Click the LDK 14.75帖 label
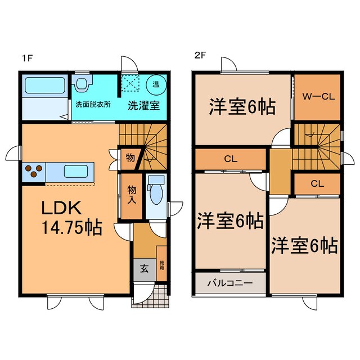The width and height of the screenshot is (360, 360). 70,218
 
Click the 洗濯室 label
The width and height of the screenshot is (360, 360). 142,105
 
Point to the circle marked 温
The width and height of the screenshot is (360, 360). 155,85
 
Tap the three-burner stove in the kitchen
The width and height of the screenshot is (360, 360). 33,170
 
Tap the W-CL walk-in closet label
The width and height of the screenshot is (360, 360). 319,96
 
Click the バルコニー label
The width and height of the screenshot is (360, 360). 231,282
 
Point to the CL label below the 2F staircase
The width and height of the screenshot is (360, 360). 317,183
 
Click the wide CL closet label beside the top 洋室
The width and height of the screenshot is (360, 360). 230,159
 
